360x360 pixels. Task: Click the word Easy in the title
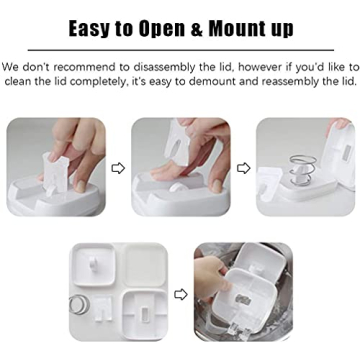click(97, 27)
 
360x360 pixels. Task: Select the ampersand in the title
click(208, 27)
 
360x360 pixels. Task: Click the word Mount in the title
click(246, 27)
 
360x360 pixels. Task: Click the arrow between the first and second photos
click(118, 168)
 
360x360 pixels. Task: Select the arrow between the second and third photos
click(243, 168)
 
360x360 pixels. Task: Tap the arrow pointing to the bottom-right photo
click(180, 294)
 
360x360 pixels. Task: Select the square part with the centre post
click(96, 268)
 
